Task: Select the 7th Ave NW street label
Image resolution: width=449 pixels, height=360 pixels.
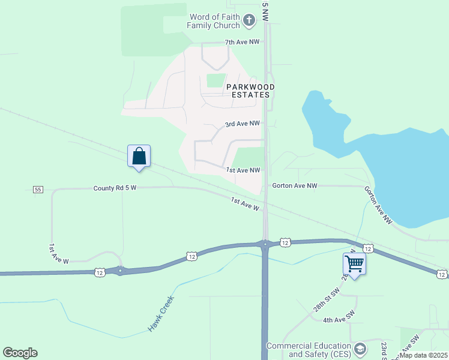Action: pyautogui.click(x=242, y=43)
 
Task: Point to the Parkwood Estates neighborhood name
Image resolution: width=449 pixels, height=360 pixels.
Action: pyautogui.click(x=251, y=91)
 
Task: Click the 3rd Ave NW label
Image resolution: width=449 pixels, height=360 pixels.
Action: pyautogui.click(x=242, y=124)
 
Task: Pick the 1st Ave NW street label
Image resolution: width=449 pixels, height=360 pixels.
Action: pyautogui.click(x=243, y=170)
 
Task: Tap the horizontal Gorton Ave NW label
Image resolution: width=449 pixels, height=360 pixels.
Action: pyautogui.click(x=294, y=186)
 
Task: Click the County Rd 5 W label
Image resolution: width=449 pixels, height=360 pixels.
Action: pyautogui.click(x=115, y=188)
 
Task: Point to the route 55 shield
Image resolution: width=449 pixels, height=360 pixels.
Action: pyautogui.click(x=38, y=190)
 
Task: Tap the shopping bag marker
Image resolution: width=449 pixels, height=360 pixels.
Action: pyautogui.click(x=139, y=156)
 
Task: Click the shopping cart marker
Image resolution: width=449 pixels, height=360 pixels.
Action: pyautogui.click(x=354, y=263)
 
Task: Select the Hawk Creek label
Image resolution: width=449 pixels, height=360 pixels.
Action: pyautogui.click(x=161, y=314)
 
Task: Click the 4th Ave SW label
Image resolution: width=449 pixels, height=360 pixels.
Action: pyautogui.click(x=339, y=320)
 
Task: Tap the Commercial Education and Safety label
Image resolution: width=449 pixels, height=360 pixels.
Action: pyautogui.click(x=309, y=350)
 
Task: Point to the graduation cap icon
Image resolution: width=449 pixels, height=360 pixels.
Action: pyautogui.click(x=360, y=349)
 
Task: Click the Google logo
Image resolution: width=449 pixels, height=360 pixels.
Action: pyautogui.click(x=20, y=353)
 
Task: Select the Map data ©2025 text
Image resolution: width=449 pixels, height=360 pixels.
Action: pyautogui.click(x=424, y=355)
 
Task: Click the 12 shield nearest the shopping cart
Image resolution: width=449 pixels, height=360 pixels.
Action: pyautogui.click(x=368, y=248)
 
